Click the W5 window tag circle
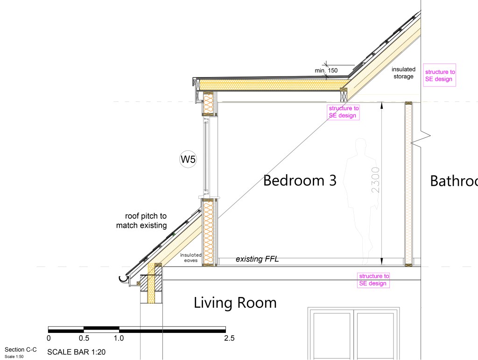coord(188,159)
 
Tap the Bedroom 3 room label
coord(300,180)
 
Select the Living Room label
coord(235,303)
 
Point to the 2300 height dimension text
coord(376,180)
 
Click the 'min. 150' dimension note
coord(326,71)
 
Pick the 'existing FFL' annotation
coord(257,259)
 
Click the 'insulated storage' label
coord(403,73)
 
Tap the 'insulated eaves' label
coord(191,258)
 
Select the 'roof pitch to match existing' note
coord(141,221)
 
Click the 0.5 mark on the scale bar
coord(84,339)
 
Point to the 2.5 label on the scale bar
coord(229,339)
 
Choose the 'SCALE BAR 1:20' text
coord(76,352)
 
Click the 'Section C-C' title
coord(21,350)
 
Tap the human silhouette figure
coord(359,202)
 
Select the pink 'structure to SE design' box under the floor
coord(373,280)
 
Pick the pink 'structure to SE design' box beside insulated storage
coord(440,75)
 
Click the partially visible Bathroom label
coord(454,181)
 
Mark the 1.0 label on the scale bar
coord(119,339)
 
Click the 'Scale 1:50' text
coord(14,357)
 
